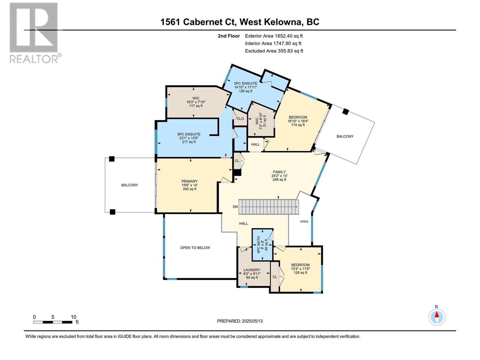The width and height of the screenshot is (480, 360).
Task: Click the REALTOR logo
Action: pyautogui.click(x=35, y=33)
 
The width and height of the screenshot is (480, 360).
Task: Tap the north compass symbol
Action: pyautogui.click(x=437, y=317)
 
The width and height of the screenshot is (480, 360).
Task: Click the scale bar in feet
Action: pyautogui.click(x=53, y=322)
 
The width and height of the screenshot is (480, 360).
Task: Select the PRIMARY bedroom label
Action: pyautogui.click(x=189, y=181)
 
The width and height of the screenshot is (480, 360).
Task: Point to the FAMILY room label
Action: pyautogui.click(x=279, y=172)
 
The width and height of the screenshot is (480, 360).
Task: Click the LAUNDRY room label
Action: pyautogui.click(x=252, y=270)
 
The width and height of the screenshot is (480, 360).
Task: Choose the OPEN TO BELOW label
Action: pyautogui.click(x=195, y=248)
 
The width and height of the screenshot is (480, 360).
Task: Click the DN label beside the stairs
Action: pyautogui.click(x=235, y=207)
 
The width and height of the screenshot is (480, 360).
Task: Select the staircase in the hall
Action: pyautogui.click(x=268, y=207)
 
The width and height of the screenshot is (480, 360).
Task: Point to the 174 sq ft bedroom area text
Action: pyautogui.click(x=298, y=125)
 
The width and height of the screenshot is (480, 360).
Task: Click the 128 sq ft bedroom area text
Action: pyautogui.click(x=301, y=273)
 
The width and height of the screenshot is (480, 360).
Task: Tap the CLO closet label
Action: pyautogui.click(x=240, y=119)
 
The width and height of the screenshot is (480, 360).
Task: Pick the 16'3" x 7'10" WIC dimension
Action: pyautogui.click(x=196, y=102)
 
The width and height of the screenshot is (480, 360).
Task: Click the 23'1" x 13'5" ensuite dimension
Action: pyautogui.click(x=189, y=138)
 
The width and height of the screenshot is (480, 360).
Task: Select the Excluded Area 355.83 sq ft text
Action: pyautogui.click(x=274, y=51)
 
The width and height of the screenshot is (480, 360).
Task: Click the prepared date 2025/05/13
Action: pyautogui.click(x=252, y=321)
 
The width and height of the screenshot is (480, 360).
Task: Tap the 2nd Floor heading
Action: pyautogui.click(x=229, y=36)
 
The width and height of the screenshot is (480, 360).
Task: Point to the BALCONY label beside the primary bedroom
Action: pyautogui.click(x=130, y=185)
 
